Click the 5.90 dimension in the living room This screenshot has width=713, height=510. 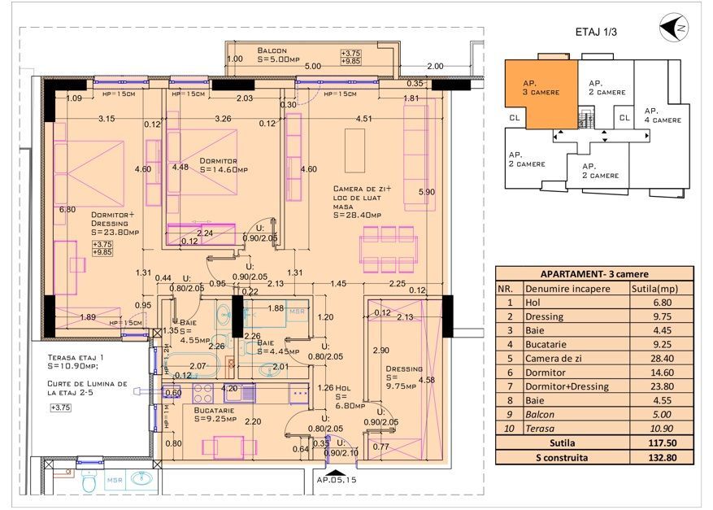(x=426, y=192)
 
